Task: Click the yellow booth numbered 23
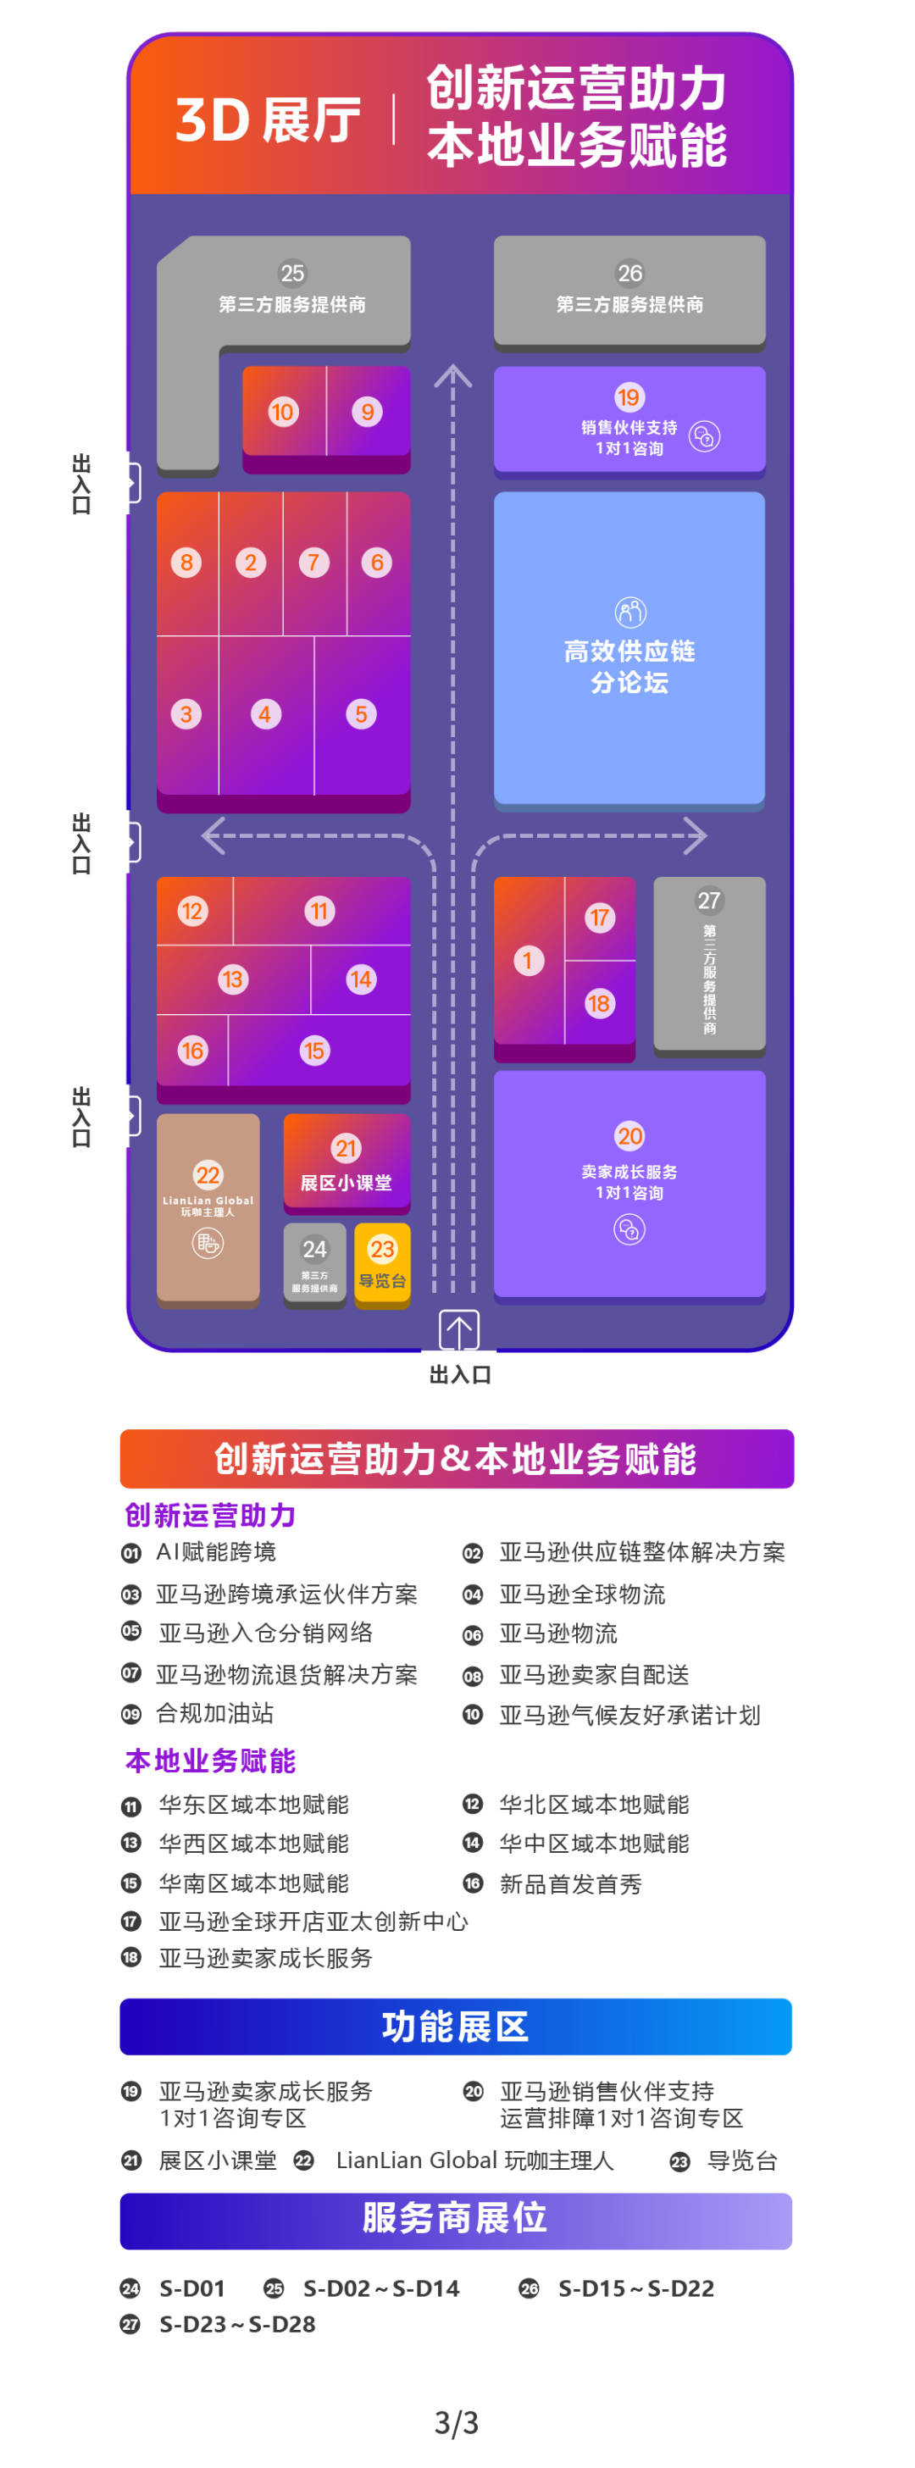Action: click(x=382, y=1261)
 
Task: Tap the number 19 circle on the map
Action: click(x=629, y=397)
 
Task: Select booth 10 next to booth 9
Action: click(x=283, y=412)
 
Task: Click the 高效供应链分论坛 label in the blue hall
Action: click(x=629, y=666)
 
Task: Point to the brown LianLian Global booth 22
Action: click(x=208, y=1207)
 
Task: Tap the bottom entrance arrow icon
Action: click(x=459, y=1330)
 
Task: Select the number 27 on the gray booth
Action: click(x=709, y=901)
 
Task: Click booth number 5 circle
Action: click(x=361, y=713)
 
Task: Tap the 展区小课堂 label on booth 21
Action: click(x=346, y=1182)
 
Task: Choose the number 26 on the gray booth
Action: click(x=629, y=273)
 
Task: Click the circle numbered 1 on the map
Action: click(x=528, y=960)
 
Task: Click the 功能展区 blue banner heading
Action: click(x=455, y=2026)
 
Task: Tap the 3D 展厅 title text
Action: click(x=268, y=120)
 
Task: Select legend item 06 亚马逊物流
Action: click(x=557, y=1633)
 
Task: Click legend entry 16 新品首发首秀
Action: click(x=569, y=1883)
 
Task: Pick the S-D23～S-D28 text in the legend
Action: click(x=236, y=2324)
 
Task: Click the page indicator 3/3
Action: click(x=456, y=2423)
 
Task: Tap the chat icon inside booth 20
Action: click(x=629, y=1229)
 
